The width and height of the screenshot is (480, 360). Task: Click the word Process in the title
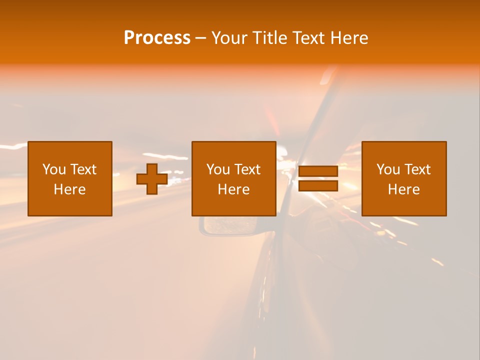tap(157, 38)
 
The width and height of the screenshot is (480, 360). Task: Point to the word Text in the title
tap(307, 38)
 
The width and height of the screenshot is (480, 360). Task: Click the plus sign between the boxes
tap(152, 179)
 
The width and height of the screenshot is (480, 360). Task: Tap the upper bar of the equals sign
tap(318, 171)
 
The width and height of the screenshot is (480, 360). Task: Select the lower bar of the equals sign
tap(318, 185)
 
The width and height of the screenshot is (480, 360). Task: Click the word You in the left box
tap(54, 169)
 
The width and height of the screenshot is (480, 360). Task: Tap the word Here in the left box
tap(69, 189)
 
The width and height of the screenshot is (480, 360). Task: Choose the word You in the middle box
tap(218, 169)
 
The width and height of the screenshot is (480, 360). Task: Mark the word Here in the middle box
tap(233, 189)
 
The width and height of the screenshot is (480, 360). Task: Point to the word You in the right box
tap(388, 169)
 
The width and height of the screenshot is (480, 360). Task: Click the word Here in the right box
tap(403, 189)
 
